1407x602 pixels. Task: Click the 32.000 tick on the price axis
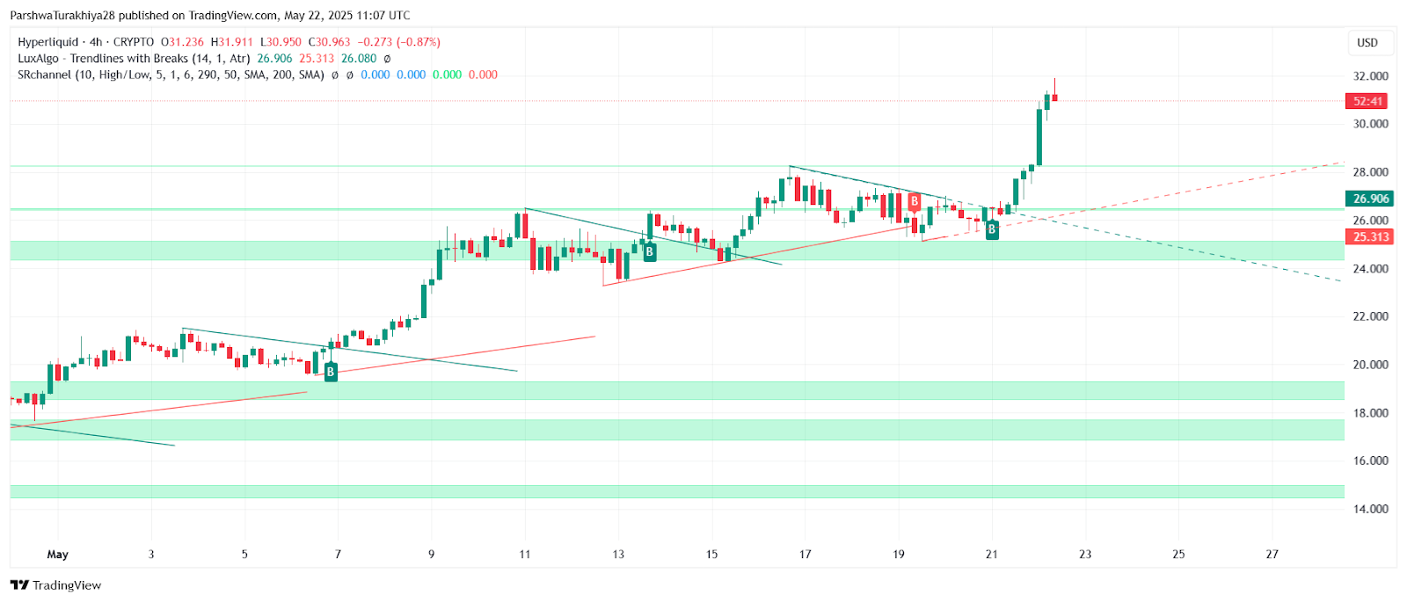[x=1370, y=76]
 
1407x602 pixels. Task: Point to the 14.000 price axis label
[x=1370, y=509]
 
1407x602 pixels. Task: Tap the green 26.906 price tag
[x=1370, y=199]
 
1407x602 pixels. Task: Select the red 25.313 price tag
[x=1370, y=236]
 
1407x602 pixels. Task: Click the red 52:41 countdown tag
[x=1367, y=101]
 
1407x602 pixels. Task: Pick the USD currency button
[x=1367, y=42]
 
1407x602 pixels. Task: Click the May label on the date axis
[x=57, y=555]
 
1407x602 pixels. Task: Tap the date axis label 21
[x=992, y=555]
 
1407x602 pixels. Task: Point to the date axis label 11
[x=525, y=555]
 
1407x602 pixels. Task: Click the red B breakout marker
[x=915, y=202]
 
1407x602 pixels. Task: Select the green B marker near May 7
[x=331, y=372]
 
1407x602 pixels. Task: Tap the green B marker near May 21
[x=992, y=229]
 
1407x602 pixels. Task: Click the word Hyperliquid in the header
[x=47, y=42]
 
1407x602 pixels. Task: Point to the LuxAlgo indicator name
[x=38, y=59]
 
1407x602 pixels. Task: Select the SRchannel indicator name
[x=44, y=75]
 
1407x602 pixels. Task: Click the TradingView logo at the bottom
[x=56, y=585]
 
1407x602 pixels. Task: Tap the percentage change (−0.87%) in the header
[x=419, y=42]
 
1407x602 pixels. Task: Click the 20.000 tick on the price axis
[x=1370, y=365]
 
